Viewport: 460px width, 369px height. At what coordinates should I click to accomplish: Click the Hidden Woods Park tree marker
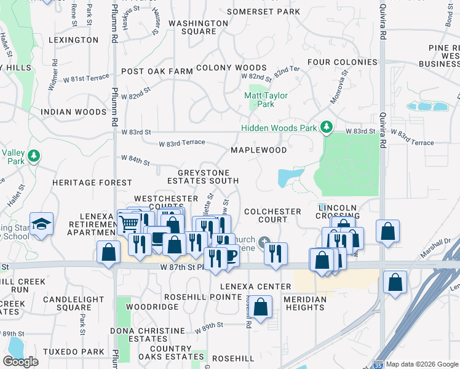(x=327, y=128)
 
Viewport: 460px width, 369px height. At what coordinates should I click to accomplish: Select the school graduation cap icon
(x=41, y=224)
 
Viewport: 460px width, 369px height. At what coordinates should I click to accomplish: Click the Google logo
(x=20, y=362)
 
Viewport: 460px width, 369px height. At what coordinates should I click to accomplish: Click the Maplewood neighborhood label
(x=258, y=150)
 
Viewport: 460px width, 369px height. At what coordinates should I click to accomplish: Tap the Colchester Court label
(x=272, y=215)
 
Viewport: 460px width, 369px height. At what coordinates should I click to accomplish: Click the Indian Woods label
(x=73, y=112)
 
